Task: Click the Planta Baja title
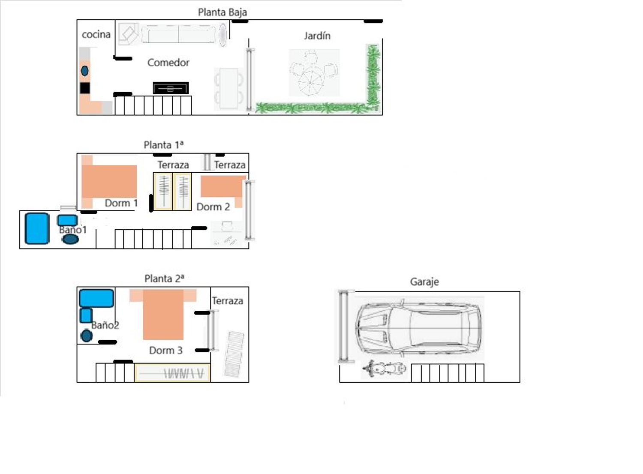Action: pos(222,12)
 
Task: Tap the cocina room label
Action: pos(96,34)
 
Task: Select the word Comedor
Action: pos(168,63)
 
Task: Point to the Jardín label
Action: pos(317,36)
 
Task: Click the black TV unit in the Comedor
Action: pos(171,88)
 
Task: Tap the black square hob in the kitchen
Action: pos(85,88)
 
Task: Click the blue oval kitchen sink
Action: pos(85,71)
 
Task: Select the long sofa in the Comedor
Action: pos(179,34)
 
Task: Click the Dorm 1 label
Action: pos(121,203)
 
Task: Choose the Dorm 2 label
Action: pos(213,207)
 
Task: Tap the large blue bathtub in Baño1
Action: pos(37,228)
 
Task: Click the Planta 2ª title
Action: pos(164,279)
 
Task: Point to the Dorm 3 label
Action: pos(166,350)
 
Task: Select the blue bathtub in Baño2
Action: pos(96,298)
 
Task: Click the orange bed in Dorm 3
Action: pos(163,315)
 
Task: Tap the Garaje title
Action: pos(424,282)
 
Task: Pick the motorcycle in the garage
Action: pos(384,368)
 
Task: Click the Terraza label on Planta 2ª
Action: pos(228,301)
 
